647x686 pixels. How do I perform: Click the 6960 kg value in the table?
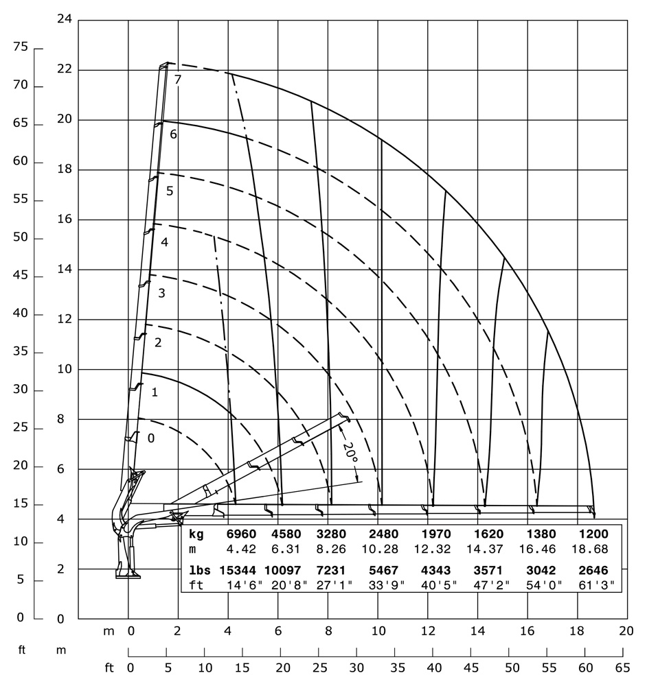click(x=240, y=533)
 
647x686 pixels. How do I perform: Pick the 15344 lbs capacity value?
click(x=236, y=570)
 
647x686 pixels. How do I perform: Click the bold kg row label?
click(x=196, y=533)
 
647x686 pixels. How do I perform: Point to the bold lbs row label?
click(x=198, y=570)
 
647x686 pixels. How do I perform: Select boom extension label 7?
click(x=178, y=80)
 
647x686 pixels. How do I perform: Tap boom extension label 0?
click(x=151, y=437)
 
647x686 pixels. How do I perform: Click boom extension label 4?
click(x=164, y=242)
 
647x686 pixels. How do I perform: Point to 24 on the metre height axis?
click(x=65, y=19)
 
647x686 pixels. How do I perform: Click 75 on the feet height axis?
click(x=20, y=47)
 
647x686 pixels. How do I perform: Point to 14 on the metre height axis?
click(x=65, y=270)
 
